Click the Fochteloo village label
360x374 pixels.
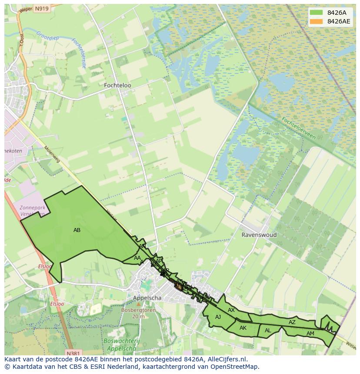(x=117, y=86)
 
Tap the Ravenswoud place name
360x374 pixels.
(x=259, y=235)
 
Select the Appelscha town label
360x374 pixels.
(x=147, y=298)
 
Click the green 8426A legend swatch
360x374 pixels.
(x=317, y=13)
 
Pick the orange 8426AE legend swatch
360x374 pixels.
(x=317, y=21)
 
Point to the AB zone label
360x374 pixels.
(x=77, y=230)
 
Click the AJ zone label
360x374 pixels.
(x=218, y=317)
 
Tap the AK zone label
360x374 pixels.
(x=243, y=328)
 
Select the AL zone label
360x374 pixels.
(x=268, y=331)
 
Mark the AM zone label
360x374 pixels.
(x=310, y=334)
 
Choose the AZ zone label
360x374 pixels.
(x=292, y=322)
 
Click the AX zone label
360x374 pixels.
(x=231, y=310)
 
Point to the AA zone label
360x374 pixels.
(x=137, y=258)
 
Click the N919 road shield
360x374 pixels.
(x=41, y=8)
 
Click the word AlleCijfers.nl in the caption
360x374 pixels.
(x=227, y=359)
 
